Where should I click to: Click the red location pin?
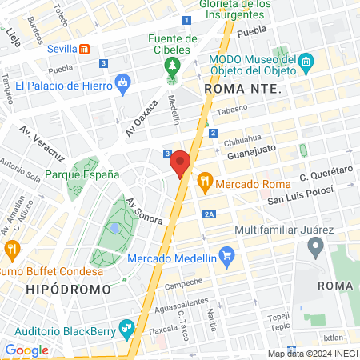point(181,162)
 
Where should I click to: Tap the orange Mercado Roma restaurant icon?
point(205,182)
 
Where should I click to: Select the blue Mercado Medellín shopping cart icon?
point(228,258)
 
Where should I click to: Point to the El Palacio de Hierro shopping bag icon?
point(122,82)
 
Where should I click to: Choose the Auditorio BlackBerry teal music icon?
point(126,327)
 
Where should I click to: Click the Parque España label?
point(82,174)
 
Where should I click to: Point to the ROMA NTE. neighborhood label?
point(244,90)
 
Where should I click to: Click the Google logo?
point(26,350)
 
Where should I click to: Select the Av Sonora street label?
point(145,210)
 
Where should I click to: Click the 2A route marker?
point(210,214)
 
